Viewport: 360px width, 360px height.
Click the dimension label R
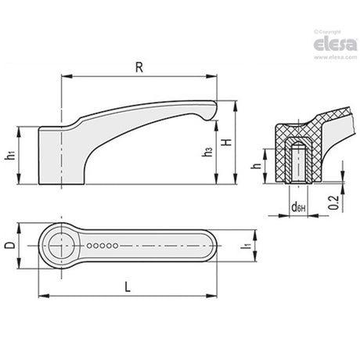click(x=139, y=68)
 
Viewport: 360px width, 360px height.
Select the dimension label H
click(x=227, y=142)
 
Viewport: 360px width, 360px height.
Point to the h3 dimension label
click(x=207, y=152)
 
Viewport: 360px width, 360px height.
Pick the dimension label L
click(x=128, y=287)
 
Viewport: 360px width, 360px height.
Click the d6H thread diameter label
click(x=298, y=207)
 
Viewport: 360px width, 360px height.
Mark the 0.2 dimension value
click(x=333, y=203)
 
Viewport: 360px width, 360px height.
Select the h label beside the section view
click(x=256, y=166)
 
